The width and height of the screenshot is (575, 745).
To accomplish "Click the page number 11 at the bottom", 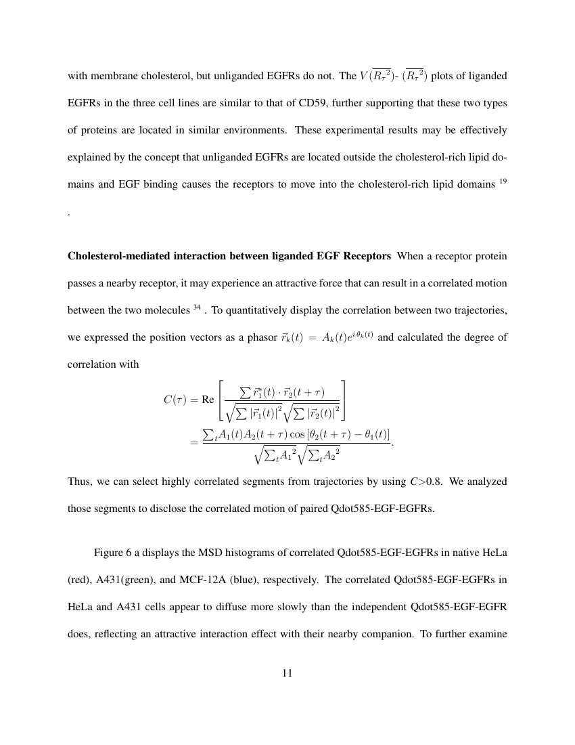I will pos(287,673).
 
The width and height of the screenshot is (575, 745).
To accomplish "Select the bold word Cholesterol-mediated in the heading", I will pos(119,256).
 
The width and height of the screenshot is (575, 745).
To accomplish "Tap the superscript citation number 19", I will pos(503,180).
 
